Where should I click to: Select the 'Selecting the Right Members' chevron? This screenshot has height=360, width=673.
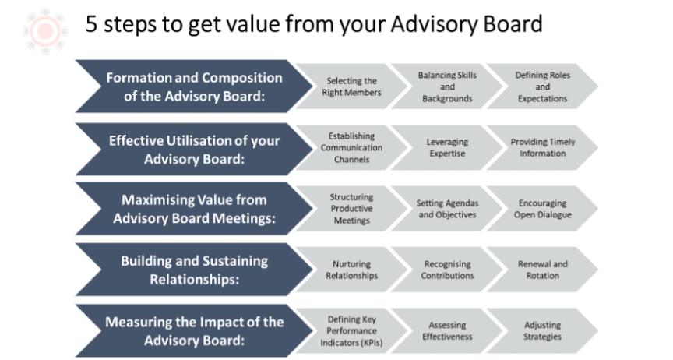coord(351,86)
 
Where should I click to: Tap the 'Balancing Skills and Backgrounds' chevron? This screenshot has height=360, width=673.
coord(447,86)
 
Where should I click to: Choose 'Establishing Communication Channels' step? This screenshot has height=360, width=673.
coord(351,148)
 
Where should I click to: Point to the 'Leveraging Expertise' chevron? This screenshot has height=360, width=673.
coord(447,148)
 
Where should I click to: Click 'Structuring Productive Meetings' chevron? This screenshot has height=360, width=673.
coord(351,209)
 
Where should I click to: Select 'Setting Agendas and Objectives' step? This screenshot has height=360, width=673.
coord(447,209)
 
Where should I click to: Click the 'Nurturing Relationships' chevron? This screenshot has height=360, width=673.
coord(351,270)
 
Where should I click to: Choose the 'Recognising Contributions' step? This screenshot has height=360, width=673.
coord(447,270)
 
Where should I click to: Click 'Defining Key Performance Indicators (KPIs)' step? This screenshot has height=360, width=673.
coord(351,331)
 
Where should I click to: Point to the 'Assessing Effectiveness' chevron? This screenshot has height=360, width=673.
coord(447,331)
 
